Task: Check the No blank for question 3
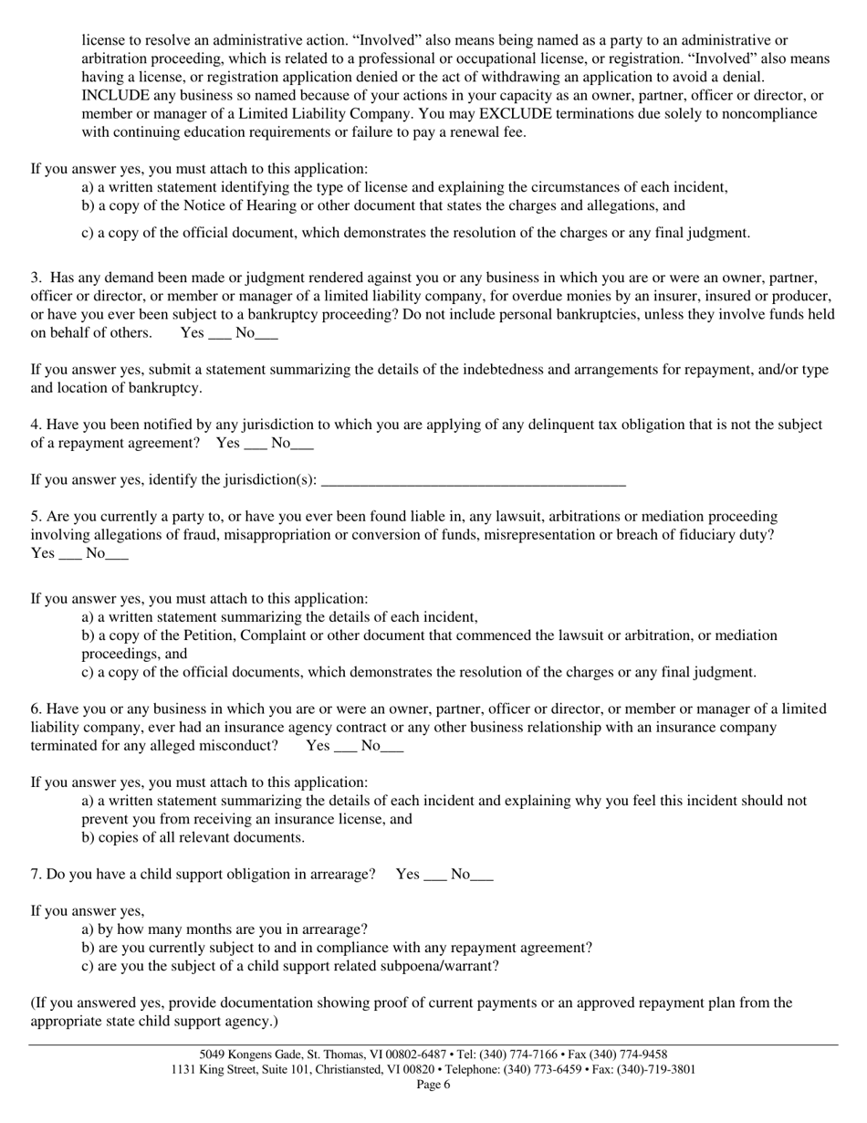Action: [x=266, y=335]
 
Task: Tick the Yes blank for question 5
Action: [x=70, y=555]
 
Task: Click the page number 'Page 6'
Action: [x=433, y=1085]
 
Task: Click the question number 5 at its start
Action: [x=36, y=517]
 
